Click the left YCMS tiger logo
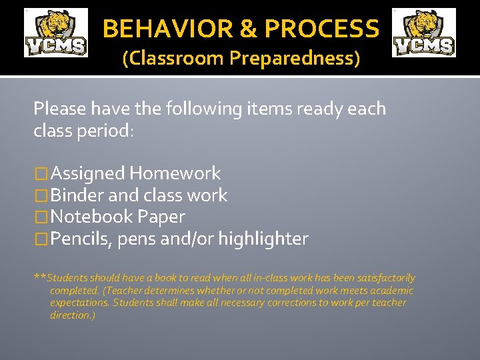click(x=56, y=33)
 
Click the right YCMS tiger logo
click(x=424, y=33)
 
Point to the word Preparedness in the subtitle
click(x=294, y=59)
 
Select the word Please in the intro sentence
click(x=59, y=109)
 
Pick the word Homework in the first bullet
click(x=175, y=173)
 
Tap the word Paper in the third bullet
click(x=161, y=217)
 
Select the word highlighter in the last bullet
click(x=263, y=239)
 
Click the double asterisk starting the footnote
click(x=40, y=277)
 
